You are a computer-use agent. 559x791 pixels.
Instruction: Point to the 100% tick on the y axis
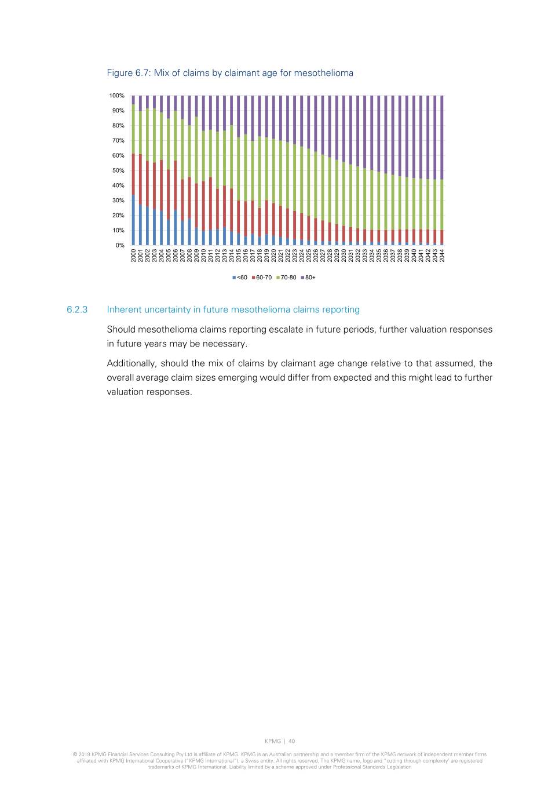pos(116,96)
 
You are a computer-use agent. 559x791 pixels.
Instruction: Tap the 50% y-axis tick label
pos(118,170)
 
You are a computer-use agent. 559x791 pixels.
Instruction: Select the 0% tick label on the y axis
pos(120,245)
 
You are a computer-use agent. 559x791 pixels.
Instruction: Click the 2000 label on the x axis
pos(134,256)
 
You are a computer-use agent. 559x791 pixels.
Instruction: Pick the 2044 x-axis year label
pos(442,256)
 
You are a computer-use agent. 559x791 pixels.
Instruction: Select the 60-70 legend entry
pos(262,278)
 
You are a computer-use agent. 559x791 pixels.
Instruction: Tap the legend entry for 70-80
pos(286,278)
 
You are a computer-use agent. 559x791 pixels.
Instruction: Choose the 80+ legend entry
pos(309,278)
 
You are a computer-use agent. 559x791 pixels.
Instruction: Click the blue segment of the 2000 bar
pos(134,220)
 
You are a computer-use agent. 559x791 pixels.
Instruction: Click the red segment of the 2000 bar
pos(134,174)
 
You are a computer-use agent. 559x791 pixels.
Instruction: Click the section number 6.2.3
pos(77,309)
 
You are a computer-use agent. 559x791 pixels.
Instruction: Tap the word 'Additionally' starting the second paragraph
pos(131,363)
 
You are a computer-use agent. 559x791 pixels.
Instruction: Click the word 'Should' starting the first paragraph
pos(121,329)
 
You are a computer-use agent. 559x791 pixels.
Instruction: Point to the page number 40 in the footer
pos(292,741)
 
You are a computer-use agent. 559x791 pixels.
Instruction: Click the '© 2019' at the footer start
pos(82,754)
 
